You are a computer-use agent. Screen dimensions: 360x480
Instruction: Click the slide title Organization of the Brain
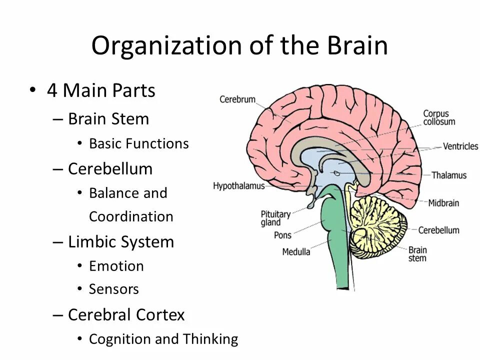[239, 46]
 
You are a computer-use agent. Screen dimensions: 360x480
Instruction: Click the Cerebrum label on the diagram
[237, 99]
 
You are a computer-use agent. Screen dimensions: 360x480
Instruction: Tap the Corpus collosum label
[439, 117]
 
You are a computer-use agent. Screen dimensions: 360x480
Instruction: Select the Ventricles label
[460, 146]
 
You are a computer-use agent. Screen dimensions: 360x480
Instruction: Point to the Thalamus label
[449, 175]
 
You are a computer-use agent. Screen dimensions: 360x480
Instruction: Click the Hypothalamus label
[238, 186]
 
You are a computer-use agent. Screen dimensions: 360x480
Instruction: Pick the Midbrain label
[443, 203]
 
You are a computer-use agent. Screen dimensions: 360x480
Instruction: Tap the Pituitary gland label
[275, 218]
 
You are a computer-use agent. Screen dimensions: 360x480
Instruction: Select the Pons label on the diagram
[282, 235]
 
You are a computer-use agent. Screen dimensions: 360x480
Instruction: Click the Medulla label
[296, 251]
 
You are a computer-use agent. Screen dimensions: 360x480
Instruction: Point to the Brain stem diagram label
[417, 254]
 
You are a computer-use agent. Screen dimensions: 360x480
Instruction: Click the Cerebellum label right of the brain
[438, 230]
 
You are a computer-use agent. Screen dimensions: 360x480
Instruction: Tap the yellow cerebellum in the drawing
[377, 220]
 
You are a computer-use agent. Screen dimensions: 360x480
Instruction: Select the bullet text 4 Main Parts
[101, 90]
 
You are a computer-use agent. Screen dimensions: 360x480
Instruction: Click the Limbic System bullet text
[121, 242]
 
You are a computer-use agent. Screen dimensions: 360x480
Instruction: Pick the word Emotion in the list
[116, 266]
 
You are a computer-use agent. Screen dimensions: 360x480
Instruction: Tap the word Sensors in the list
[113, 289]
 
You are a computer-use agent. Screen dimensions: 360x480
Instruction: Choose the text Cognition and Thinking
[163, 339]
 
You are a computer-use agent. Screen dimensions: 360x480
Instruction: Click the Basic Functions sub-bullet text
[138, 143]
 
